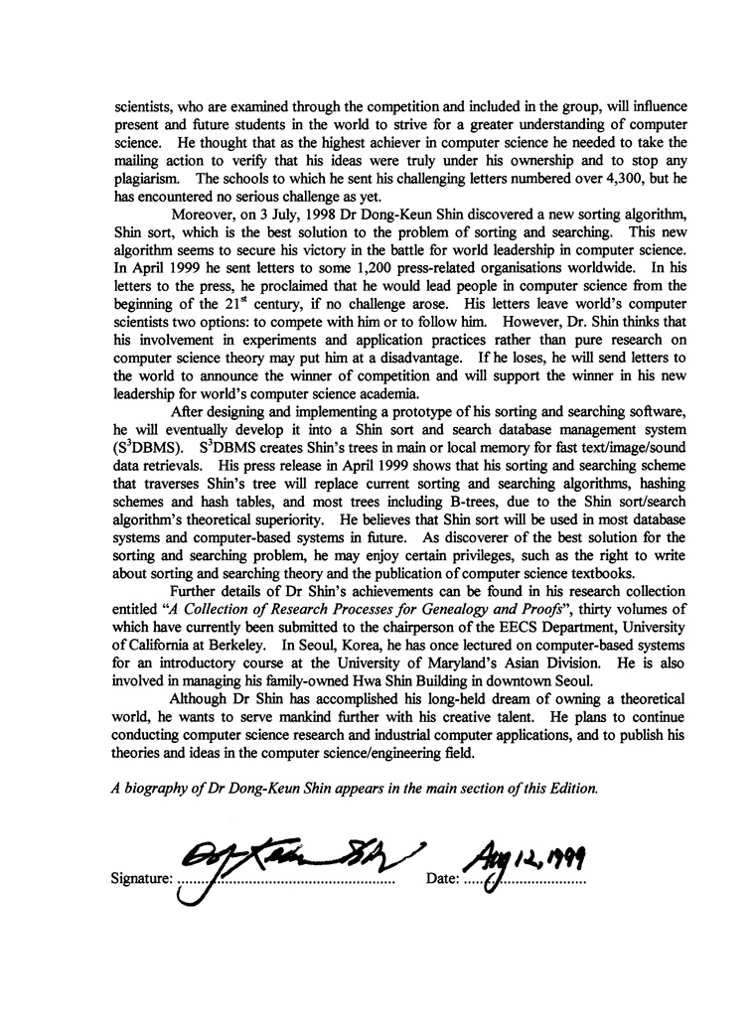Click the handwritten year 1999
[562, 847]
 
